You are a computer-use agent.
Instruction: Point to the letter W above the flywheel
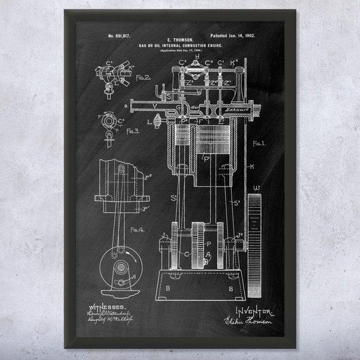[x=257, y=188]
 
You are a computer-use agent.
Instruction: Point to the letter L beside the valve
[x=149, y=122]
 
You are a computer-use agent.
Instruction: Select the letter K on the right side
[x=252, y=166]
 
